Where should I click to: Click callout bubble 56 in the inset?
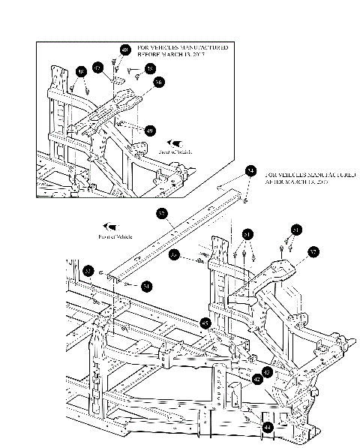tap(159, 83)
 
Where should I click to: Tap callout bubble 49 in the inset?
tap(150, 130)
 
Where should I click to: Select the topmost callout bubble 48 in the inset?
tap(124, 50)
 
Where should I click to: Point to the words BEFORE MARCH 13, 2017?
tap(171, 56)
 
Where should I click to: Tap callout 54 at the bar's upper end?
tap(250, 172)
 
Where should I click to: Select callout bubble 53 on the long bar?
tap(161, 214)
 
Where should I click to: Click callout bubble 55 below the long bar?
tap(175, 255)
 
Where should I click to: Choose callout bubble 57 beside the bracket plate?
tap(313, 252)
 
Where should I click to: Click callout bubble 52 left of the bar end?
tap(88, 271)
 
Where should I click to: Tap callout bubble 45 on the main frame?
tap(205, 323)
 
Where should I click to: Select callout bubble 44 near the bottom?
tap(267, 426)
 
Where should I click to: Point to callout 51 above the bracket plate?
tap(296, 229)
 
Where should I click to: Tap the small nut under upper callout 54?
tap(247, 201)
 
